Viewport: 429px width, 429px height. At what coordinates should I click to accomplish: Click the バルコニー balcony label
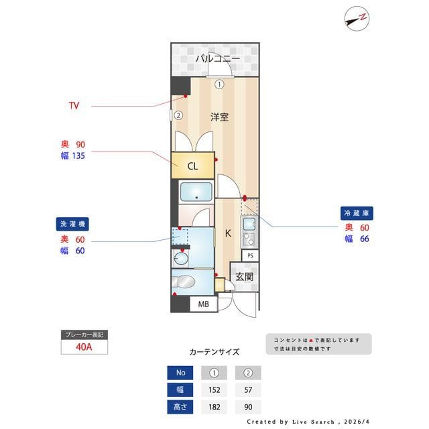tap(217, 59)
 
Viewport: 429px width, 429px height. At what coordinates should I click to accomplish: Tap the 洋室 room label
tap(219, 117)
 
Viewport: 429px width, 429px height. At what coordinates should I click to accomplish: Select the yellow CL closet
tap(192, 166)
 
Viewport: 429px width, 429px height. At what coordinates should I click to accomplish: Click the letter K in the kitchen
tap(228, 234)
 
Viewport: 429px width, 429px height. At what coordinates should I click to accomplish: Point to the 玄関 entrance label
tap(245, 277)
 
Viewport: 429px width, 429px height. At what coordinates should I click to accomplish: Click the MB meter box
tap(204, 304)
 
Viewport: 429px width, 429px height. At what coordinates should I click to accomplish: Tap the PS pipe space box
tap(250, 255)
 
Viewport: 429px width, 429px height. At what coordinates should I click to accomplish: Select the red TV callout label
tap(74, 106)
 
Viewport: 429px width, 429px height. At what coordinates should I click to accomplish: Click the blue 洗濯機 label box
tap(73, 224)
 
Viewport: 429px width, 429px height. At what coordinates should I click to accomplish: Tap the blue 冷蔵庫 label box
tap(357, 212)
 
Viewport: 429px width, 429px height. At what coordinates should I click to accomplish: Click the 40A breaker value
tap(84, 347)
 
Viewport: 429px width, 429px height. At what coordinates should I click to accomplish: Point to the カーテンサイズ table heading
tap(214, 352)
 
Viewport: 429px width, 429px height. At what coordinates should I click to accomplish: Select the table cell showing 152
tap(215, 390)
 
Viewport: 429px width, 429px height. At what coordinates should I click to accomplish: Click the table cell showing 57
tap(247, 390)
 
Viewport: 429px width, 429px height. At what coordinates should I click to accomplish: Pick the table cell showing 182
tap(215, 407)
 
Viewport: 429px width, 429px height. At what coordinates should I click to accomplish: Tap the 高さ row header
tap(179, 407)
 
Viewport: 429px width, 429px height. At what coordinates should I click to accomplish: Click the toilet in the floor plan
tap(184, 282)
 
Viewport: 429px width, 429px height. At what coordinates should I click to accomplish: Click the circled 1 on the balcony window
tap(219, 84)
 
